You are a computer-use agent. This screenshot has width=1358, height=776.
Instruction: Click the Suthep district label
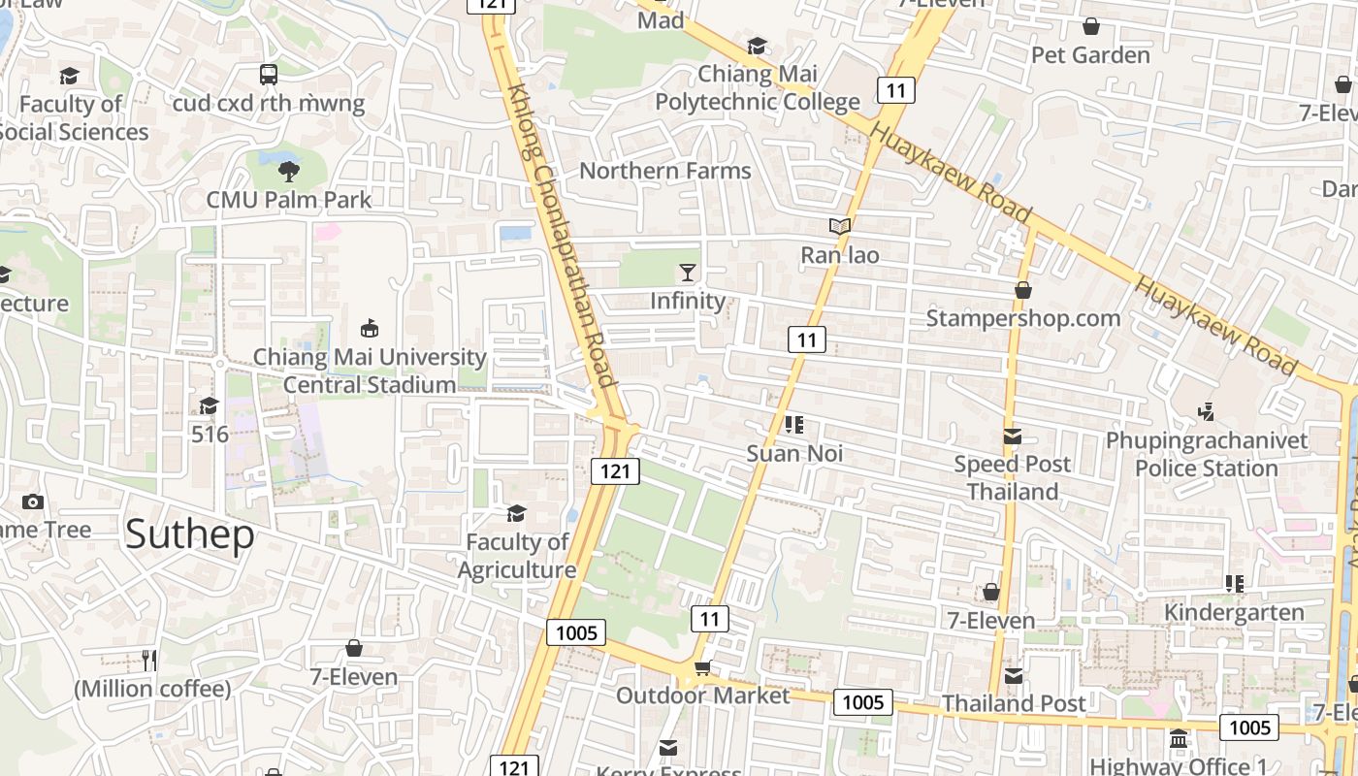pyautogui.click(x=190, y=534)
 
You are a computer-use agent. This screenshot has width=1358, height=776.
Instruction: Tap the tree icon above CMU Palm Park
pyautogui.click(x=288, y=172)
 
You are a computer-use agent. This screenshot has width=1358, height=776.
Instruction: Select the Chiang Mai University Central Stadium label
pyautogui.click(x=370, y=371)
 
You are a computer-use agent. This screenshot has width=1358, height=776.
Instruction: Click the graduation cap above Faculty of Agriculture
pyautogui.click(x=516, y=512)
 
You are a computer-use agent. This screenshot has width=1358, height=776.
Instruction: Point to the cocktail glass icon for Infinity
pyautogui.click(x=688, y=273)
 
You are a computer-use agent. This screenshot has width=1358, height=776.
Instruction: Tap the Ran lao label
pyautogui.click(x=840, y=255)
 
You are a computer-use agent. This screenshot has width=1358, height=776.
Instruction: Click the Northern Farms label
pyautogui.click(x=665, y=171)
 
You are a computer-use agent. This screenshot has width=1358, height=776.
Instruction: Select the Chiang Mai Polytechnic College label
pyautogui.click(x=758, y=87)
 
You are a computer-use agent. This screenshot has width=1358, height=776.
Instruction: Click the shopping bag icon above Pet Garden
pyautogui.click(x=1091, y=26)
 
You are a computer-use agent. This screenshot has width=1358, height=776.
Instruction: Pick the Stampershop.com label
pyautogui.click(x=1023, y=318)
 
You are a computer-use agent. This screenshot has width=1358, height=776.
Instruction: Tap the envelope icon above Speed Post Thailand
pyautogui.click(x=1013, y=436)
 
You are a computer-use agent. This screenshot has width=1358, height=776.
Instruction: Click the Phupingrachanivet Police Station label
pyautogui.click(x=1207, y=454)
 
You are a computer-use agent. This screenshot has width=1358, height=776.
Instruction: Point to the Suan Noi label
pyautogui.click(x=794, y=453)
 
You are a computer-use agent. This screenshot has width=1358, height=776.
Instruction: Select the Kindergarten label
pyautogui.click(x=1234, y=612)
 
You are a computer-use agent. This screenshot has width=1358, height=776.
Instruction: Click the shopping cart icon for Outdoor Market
pyautogui.click(x=702, y=668)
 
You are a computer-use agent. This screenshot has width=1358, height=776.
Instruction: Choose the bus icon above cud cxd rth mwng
pyautogui.click(x=269, y=74)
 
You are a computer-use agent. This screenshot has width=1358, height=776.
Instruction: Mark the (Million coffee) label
pyautogui.click(x=153, y=689)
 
